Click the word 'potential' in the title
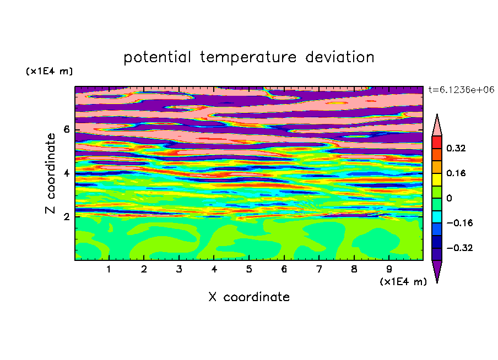(158, 57)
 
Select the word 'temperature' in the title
(248, 57)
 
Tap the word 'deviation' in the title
(340, 57)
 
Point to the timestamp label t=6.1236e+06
(461, 90)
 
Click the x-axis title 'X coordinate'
(249, 297)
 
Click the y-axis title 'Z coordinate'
(50, 173)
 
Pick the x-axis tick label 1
(109, 269)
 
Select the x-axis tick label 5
(249, 269)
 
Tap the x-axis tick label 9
(389, 269)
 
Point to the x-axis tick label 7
(319, 269)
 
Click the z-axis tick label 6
(67, 129)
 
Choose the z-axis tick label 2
(67, 216)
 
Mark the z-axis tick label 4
(67, 173)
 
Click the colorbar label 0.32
(456, 148)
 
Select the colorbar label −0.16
(459, 223)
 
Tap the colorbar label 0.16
(456, 173)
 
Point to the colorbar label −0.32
(459, 248)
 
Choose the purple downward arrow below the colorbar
(437, 270)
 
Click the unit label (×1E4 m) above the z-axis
(49, 71)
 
